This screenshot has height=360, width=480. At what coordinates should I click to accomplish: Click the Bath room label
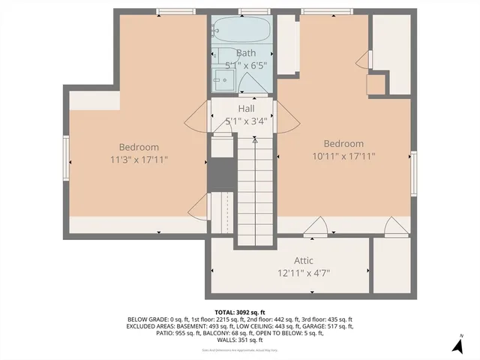[x=246, y=53]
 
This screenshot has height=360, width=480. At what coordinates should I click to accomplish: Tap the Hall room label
[x=246, y=109]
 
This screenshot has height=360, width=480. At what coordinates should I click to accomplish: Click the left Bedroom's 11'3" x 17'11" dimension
[x=139, y=160]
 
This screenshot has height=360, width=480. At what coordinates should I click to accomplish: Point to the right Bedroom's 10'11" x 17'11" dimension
[x=343, y=157]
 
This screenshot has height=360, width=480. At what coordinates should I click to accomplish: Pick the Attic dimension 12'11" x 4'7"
[x=304, y=273]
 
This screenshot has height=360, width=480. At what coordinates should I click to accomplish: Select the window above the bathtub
[x=244, y=10]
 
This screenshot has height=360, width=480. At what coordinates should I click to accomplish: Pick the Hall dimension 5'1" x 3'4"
[x=246, y=120]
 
